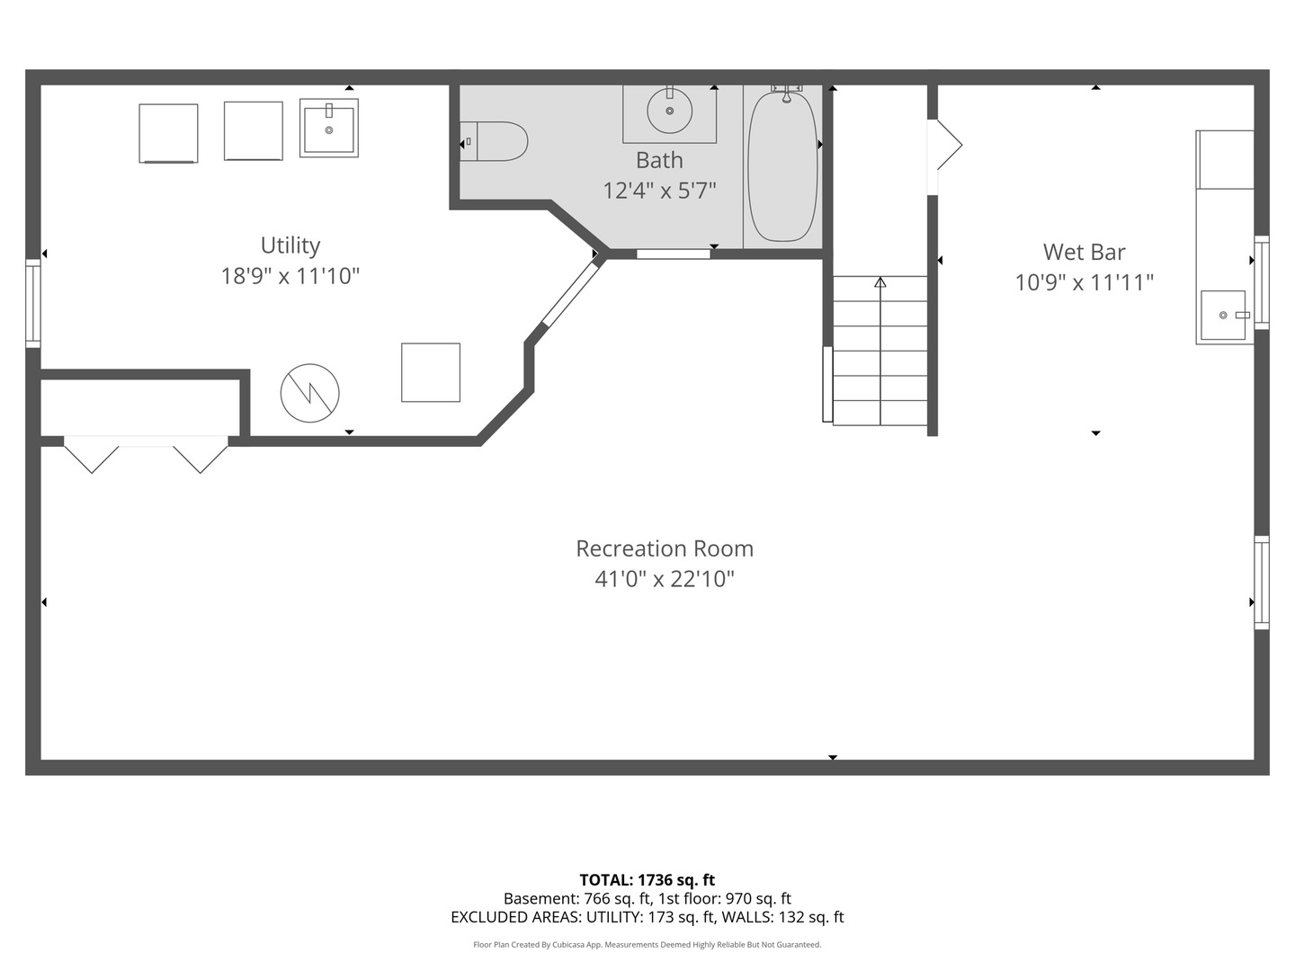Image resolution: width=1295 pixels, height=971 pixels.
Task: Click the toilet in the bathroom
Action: coord(494,141)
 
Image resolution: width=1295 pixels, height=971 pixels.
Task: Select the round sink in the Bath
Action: coord(670,111)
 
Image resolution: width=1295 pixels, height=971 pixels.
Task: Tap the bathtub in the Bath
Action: coord(782,166)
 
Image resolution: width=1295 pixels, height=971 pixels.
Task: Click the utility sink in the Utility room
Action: coord(328,129)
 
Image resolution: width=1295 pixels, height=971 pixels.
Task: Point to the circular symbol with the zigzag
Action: coord(309,393)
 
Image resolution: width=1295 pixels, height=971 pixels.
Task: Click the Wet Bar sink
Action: coord(1223,316)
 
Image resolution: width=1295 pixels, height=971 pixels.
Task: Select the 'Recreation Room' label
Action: coord(665,548)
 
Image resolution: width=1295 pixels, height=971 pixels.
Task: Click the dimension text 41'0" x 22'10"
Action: coord(665,579)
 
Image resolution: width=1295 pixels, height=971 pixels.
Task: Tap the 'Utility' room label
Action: coord(290,245)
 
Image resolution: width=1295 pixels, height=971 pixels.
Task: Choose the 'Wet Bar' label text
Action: coord(1084,252)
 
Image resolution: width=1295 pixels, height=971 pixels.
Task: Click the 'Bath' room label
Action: coord(659,160)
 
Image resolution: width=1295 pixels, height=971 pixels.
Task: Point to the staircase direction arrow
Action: coord(880,282)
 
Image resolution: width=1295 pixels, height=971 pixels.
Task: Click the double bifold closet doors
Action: coord(146,454)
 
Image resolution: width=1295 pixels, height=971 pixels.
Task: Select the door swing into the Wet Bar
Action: coord(946,145)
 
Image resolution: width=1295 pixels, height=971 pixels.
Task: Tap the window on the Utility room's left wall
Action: coord(33,303)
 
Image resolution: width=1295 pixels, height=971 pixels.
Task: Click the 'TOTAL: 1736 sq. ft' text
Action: coord(647,879)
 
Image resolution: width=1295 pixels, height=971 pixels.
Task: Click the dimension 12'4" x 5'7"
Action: coord(659,191)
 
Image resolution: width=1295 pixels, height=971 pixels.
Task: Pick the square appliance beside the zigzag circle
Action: coord(431,372)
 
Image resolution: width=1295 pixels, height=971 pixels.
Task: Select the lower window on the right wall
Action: coord(1261,583)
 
